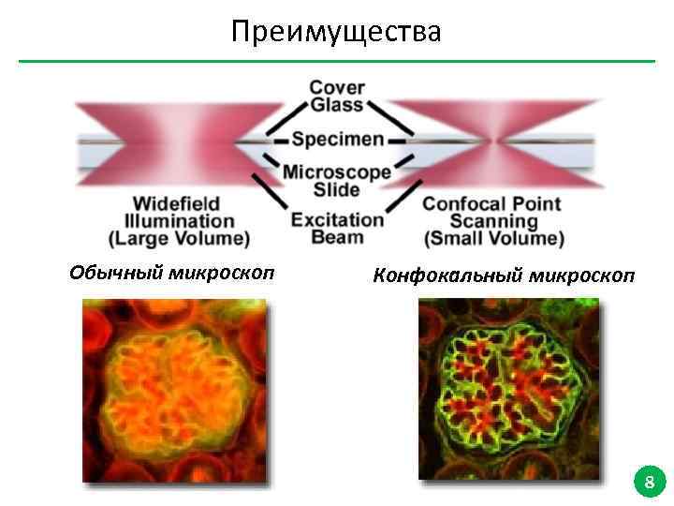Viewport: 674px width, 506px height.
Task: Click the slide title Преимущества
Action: [x=337, y=33]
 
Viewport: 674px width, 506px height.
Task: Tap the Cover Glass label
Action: [x=337, y=97]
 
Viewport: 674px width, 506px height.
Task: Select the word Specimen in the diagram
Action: [x=337, y=141]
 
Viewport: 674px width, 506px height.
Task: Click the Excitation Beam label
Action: [x=337, y=229]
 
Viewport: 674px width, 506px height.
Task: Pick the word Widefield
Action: [x=176, y=203]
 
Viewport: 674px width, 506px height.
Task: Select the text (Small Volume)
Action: [x=494, y=239]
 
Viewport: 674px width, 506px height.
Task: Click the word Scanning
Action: [x=494, y=221]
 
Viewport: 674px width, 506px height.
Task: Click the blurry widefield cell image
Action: [x=174, y=390]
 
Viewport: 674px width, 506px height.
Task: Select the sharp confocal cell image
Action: [x=508, y=390]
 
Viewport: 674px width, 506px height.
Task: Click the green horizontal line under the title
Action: [x=337, y=62]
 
